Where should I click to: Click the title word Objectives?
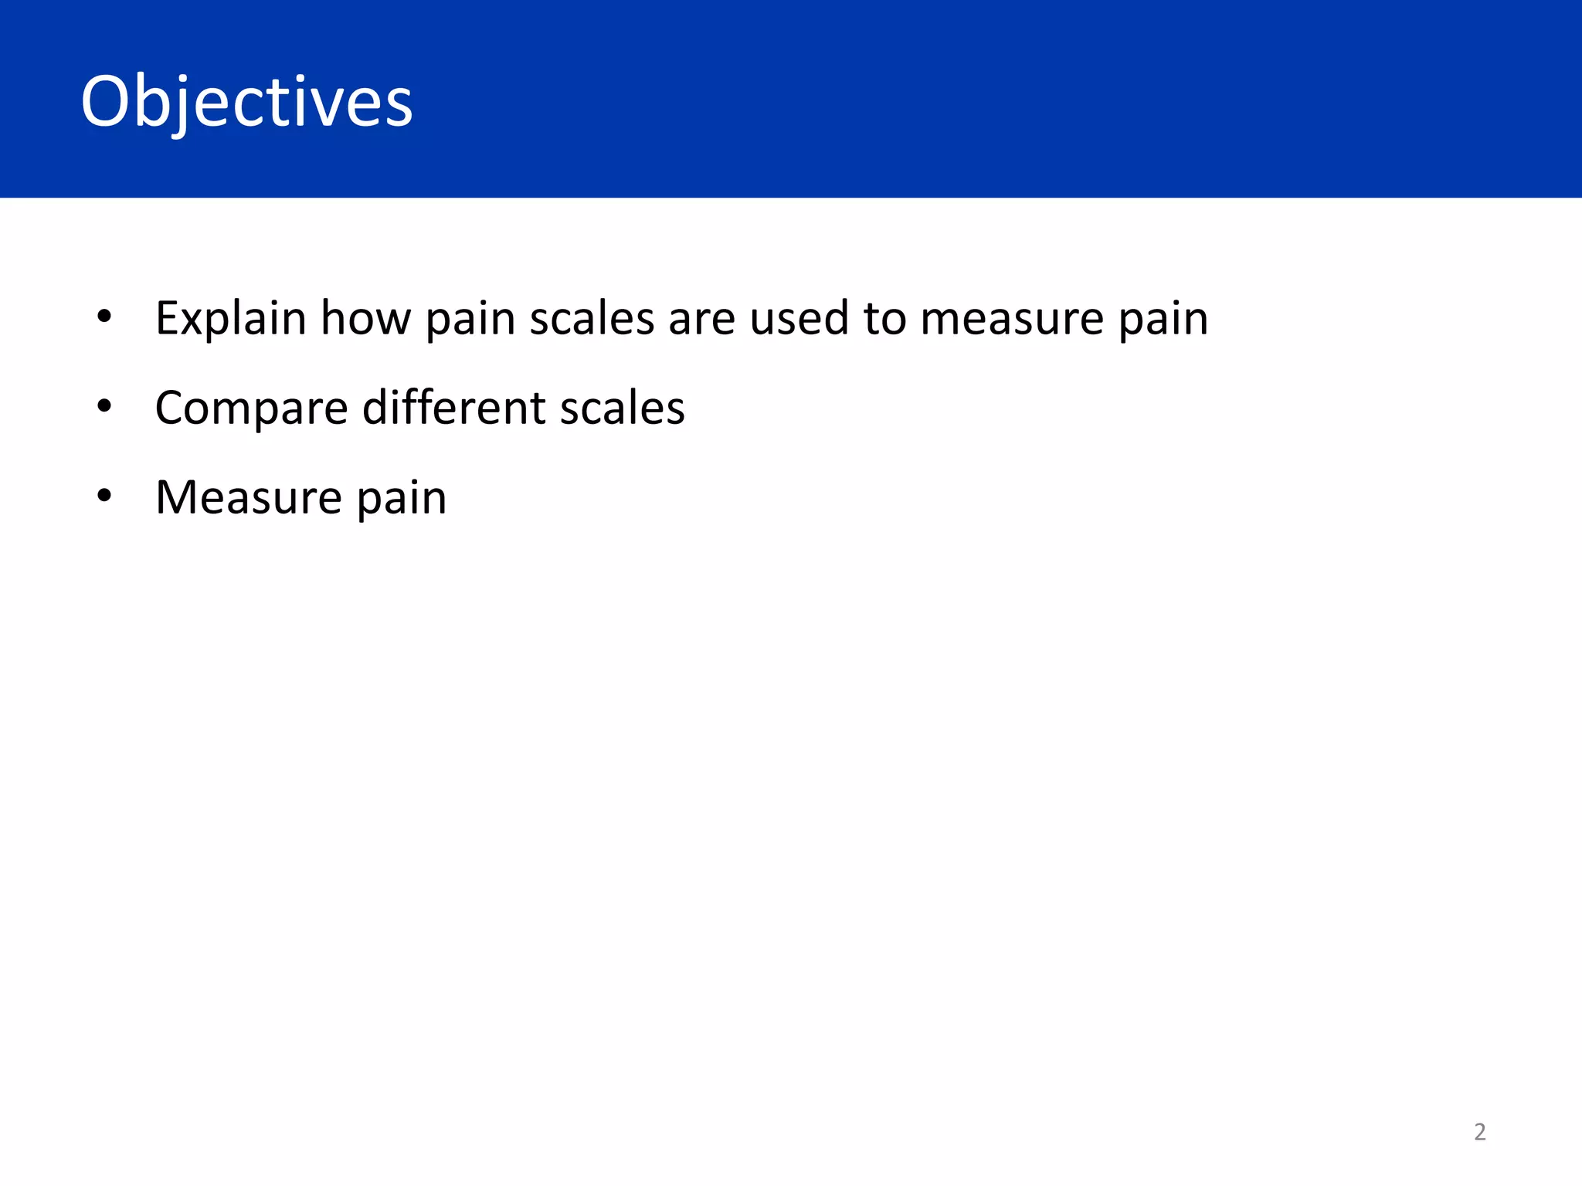click(x=247, y=102)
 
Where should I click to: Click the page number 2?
click(x=1479, y=1132)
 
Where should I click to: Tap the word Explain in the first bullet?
click(x=231, y=318)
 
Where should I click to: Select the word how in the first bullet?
click(x=365, y=318)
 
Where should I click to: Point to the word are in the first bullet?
click(x=701, y=318)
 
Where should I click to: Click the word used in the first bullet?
click(x=799, y=318)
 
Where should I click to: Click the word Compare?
click(x=251, y=408)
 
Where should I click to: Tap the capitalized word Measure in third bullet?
click(x=248, y=497)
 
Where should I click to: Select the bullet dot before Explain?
click(x=104, y=317)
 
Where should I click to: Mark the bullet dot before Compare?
click(x=104, y=406)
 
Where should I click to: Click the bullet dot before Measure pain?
click(x=104, y=496)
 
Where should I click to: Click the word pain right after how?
click(x=470, y=320)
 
